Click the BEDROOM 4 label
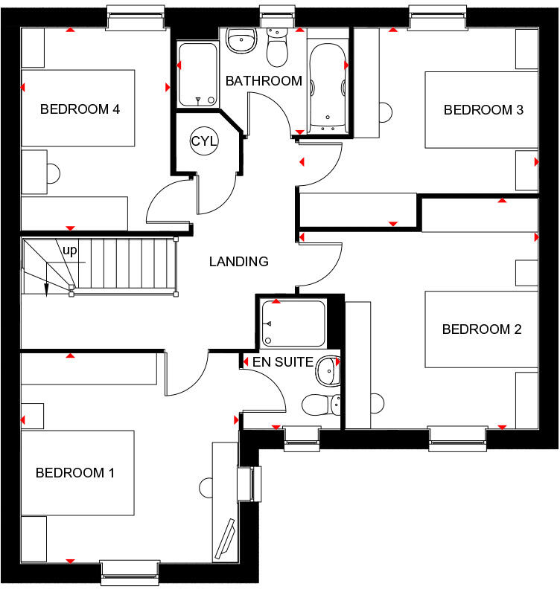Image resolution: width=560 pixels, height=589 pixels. coord(80,109)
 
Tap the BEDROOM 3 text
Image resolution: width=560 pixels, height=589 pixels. coord(483,110)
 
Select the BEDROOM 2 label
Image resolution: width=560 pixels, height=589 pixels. coord(482,329)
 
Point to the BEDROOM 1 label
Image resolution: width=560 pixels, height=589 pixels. coord(75,472)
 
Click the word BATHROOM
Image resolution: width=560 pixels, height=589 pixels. coord(264,81)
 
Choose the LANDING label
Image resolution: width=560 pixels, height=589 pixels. coord(238,262)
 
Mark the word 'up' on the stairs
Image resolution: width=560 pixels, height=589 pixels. coord(70,251)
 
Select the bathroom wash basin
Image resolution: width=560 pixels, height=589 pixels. coord(240,39)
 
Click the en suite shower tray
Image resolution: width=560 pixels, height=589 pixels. coord(293,324)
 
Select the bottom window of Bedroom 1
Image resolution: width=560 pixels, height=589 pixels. coord(130,570)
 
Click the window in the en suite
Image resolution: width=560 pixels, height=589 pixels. coord(302,439)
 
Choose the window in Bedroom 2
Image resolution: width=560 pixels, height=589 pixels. coord(457,439)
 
